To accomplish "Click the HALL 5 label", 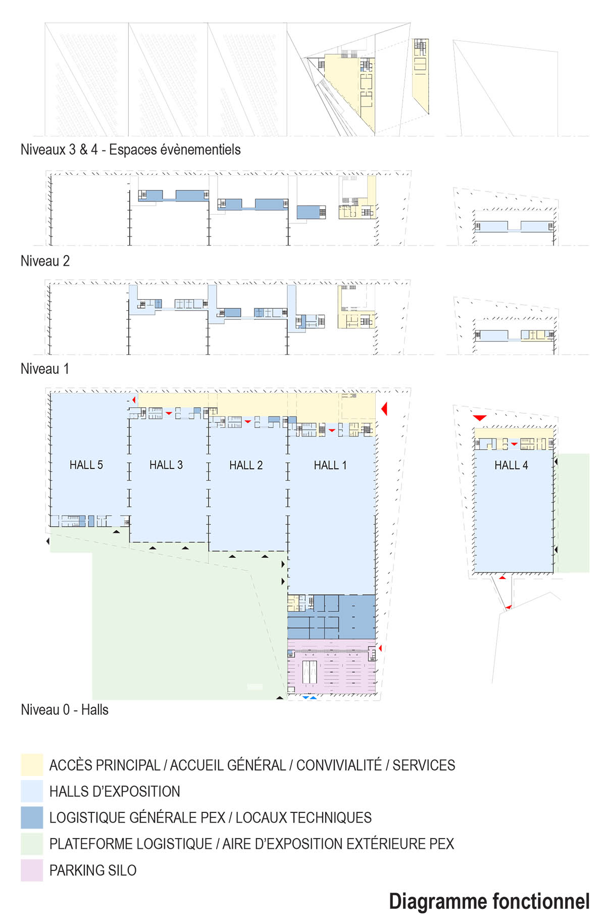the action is (86, 465).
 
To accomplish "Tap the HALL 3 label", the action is (166, 465).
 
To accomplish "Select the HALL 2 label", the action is (246, 465).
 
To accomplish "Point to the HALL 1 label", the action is (330, 465).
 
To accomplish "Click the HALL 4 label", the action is (511, 465).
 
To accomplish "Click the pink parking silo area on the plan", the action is (331, 667).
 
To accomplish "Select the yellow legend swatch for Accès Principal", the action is (32, 765).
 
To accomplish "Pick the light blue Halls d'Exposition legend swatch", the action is (32, 791).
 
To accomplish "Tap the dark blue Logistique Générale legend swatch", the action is (32, 817).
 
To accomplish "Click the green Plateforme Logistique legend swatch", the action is (32, 844).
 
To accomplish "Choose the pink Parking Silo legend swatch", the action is (32, 870).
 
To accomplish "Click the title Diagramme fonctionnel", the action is (489, 902).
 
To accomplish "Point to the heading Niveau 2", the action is (45, 261).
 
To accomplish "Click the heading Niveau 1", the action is (44, 369).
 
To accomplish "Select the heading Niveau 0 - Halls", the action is (65, 710).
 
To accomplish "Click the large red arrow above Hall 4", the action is (479, 418).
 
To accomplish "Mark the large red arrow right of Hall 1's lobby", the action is (384, 408).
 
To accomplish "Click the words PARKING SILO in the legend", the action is (93, 870).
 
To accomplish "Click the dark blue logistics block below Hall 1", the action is (331, 617).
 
